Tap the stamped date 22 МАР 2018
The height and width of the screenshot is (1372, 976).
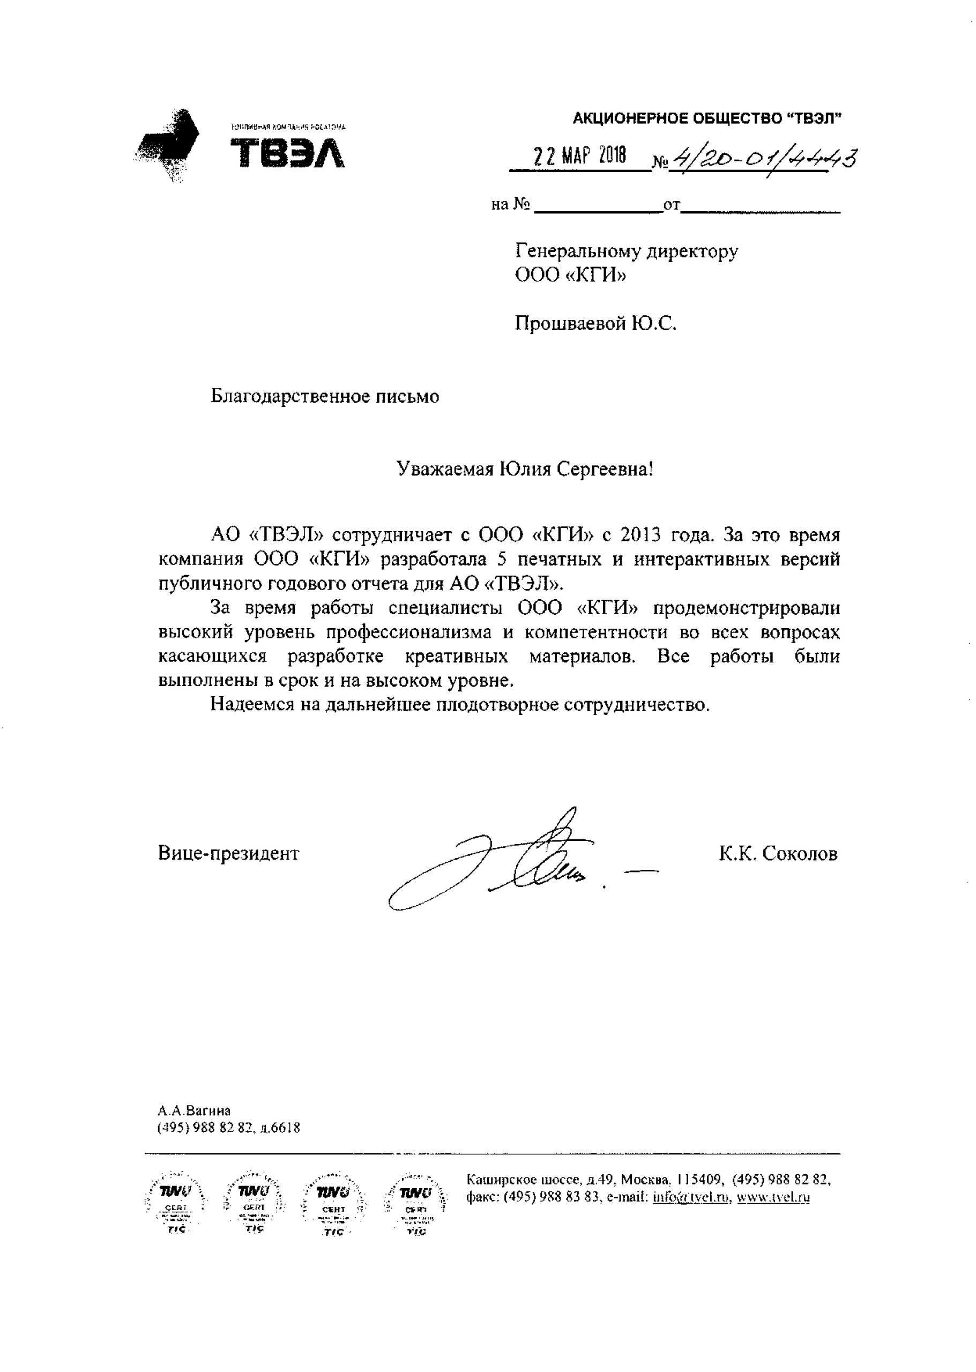[579, 157]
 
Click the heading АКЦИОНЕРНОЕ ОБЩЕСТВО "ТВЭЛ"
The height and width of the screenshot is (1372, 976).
[707, 119]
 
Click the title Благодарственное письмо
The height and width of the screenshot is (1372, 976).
[325, 397]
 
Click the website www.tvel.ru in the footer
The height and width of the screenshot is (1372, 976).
[773, 1197]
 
